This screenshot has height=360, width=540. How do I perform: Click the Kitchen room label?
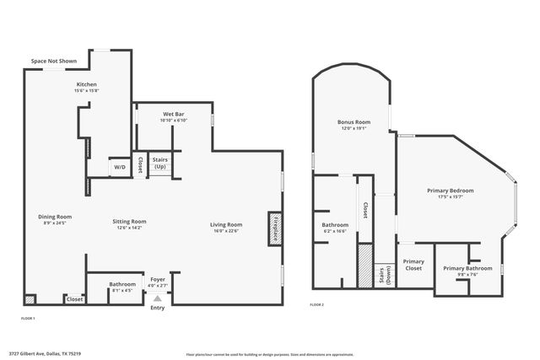(x=87, y=85)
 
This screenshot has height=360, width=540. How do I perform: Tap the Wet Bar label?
(x=173, y=112)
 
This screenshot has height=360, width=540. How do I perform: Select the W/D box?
(x=120, y=167)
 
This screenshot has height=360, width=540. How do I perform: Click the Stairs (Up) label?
(x=159, y=163)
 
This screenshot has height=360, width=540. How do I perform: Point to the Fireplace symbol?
(x=275, y=228)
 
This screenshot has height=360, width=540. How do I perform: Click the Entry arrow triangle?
(x=157, y=298)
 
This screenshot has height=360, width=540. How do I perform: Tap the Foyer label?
(x=157, y=279)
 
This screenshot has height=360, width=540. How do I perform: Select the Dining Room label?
(x=55, y=217)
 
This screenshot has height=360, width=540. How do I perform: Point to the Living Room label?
(x=226, y=224)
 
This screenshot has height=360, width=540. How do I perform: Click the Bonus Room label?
(x=354, y=122)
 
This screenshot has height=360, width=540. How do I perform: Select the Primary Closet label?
(x=413, y=265)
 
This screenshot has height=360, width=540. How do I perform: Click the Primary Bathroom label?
(x=466, y=268)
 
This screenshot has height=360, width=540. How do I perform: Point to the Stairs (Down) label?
(x=385, y=275)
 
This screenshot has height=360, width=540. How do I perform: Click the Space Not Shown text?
(x=54, y=62)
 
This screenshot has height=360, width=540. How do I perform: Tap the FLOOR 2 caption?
(x=316, y=304)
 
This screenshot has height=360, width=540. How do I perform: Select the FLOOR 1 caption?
(x=28, y=318)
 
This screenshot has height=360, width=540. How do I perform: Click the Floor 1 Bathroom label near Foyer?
(x=123, y=284)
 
